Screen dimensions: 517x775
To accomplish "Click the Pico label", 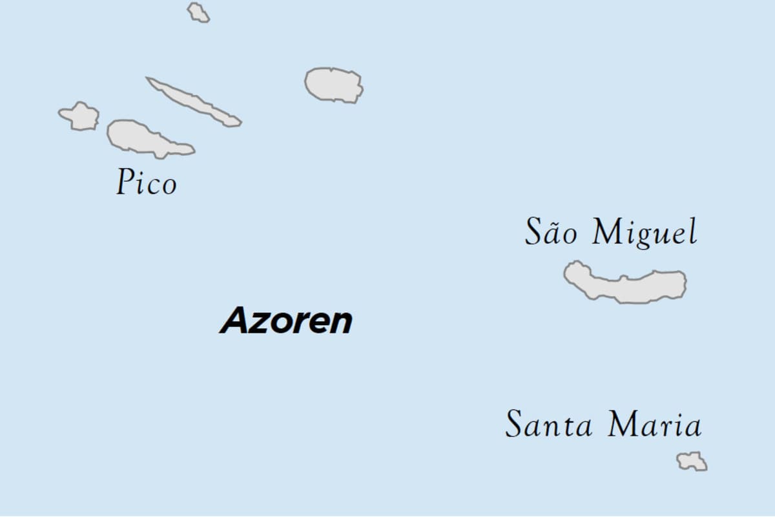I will [x=147, y=182].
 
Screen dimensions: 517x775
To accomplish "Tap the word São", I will [x=551, y=232].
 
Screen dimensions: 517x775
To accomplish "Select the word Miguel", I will [x=645, y=233].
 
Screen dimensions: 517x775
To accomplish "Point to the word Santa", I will [x=549, y=425].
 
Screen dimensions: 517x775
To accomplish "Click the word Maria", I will [x=654, y=425].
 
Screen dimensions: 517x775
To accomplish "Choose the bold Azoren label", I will [x=287, y=321].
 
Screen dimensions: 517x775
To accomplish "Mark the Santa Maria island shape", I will [x=692, y=461].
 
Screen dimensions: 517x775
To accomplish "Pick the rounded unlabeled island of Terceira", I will [x=333, y=85].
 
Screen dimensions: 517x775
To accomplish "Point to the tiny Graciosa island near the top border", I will [x=198, y=12].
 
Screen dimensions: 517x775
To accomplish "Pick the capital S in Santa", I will [x=514, y=425].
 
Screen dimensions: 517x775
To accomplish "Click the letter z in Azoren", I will [x=259, y=322].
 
